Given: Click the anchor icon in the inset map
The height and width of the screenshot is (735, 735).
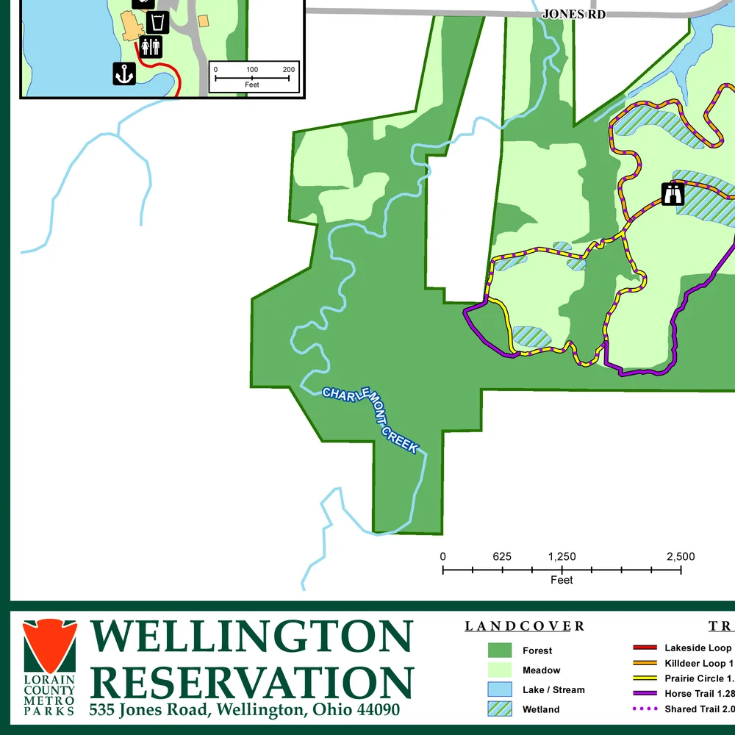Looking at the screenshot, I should [x=124, y=73].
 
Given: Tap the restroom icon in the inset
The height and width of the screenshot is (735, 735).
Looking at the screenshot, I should [x=151, y=47].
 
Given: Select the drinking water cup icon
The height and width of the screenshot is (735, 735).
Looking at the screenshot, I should [x=158, y=22].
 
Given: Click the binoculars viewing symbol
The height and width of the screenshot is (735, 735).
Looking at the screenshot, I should [x=673, y=194].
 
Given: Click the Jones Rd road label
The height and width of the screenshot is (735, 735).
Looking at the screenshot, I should [x=573, y=14].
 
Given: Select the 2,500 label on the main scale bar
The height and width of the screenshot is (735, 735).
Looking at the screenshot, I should [x=680, y=557].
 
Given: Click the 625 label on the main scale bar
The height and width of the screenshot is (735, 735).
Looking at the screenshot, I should [x=502, y=557].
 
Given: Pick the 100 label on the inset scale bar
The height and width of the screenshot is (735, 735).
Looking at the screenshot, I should [x=252, y=70].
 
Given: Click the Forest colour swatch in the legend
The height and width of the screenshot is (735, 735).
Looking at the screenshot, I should [x=499, y=650].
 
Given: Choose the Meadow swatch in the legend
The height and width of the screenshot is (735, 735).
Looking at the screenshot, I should [x=499, y=670].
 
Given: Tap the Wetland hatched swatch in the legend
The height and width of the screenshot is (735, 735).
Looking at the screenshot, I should [x=499, y=709].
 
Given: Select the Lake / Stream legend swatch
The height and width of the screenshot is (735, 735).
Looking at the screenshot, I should [x=499, y=689].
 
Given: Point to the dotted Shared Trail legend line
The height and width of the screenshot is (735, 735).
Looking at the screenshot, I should [x=645, y=709].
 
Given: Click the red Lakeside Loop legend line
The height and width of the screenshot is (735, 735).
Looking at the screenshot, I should [x=645, y=648].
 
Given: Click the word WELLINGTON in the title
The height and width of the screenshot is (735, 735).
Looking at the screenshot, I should [x=251, y=637].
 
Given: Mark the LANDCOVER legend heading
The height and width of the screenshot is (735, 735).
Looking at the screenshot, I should [x=524, y=627].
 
